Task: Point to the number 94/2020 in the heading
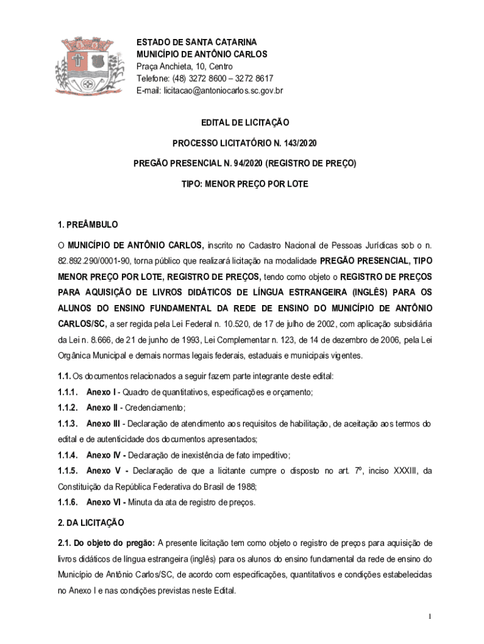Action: pos(246,164)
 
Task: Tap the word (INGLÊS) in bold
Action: pos(375,292)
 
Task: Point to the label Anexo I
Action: pos(100,392)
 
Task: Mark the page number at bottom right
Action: pos(429,616)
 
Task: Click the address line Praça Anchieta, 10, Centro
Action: pos(185,67)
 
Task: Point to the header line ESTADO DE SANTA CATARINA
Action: pos(197,42)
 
